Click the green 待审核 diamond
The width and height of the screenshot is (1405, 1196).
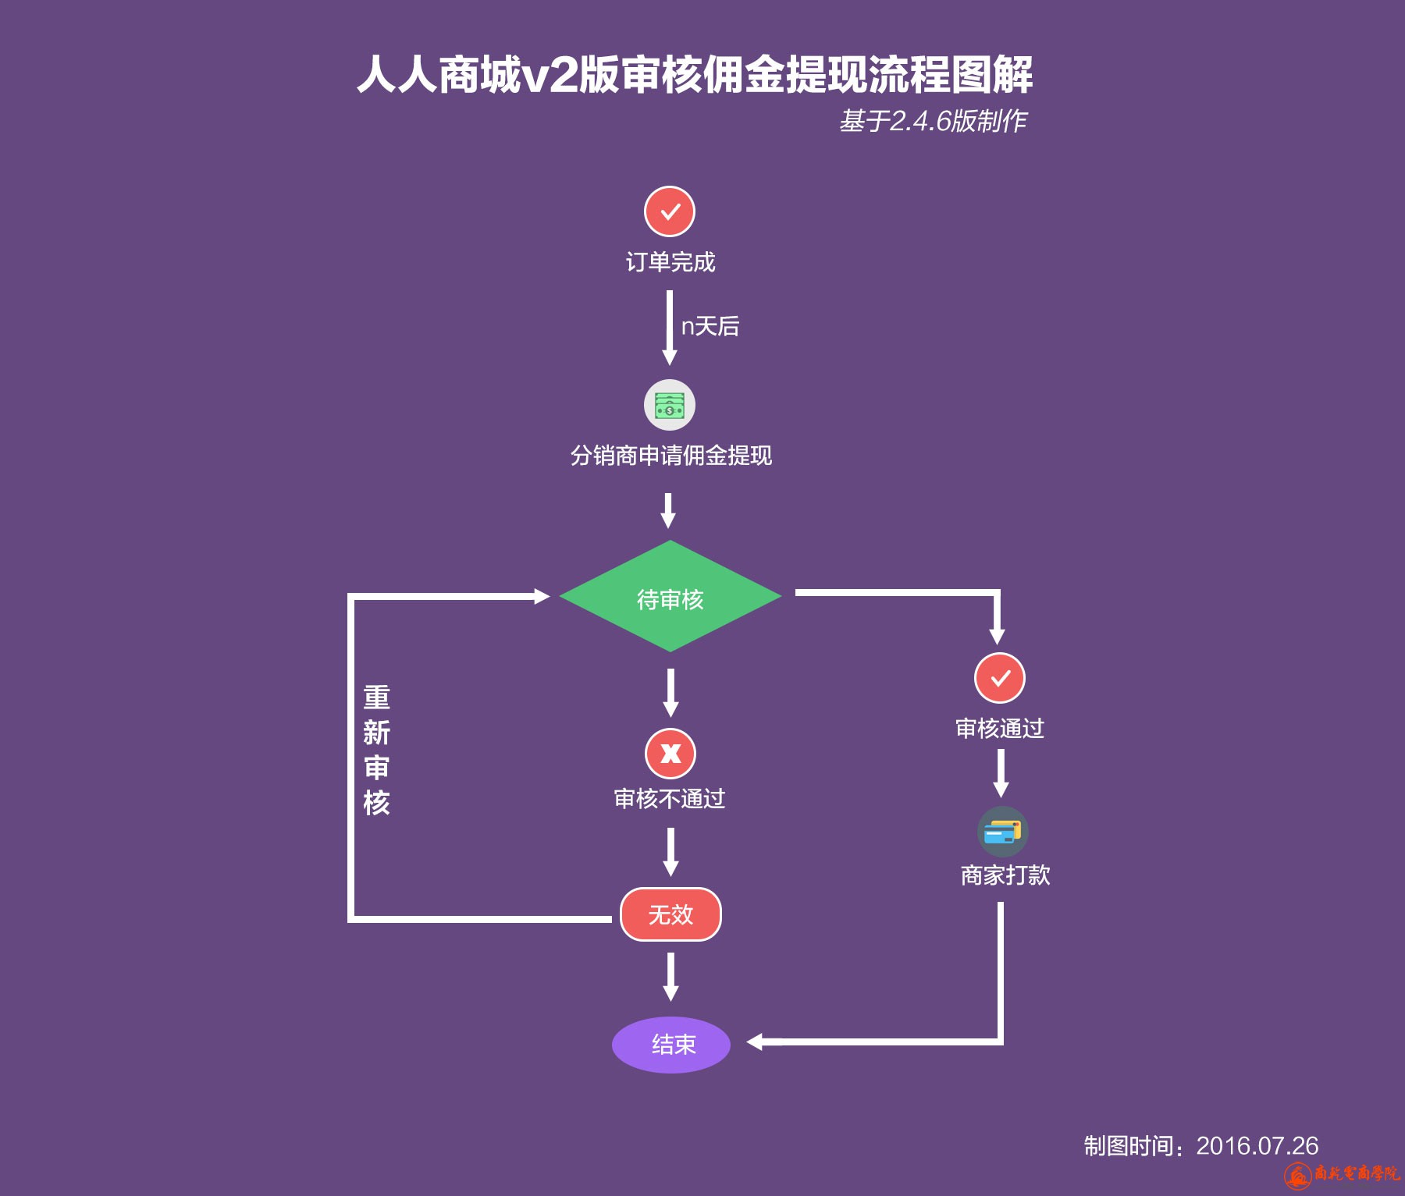click(x=670, y=597)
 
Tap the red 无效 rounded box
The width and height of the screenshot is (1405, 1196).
click(x=670, y=914)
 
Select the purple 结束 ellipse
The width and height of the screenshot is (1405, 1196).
click(x=671, y=1045)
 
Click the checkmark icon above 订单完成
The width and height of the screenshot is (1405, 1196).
click(x=670, y=211)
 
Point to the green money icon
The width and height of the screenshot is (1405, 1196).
click(x=670, y=405)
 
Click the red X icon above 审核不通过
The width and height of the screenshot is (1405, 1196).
click(x=670, y=754)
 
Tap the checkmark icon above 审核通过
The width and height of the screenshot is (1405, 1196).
click(x=1000, y=678)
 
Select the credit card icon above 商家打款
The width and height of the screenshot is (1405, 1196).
click(x=1003, y=832)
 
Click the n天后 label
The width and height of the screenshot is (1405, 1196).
click(x=710, y=326)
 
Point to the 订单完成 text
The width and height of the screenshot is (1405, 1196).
click(x=670, y=262)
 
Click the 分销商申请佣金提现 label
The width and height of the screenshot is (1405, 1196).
click(x=670, y=456)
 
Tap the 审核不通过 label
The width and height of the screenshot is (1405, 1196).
click(x=670, y=799)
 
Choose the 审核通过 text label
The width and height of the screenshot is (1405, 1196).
click(x=1000, y=729)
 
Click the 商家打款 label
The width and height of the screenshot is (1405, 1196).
click(x=1005, y=875)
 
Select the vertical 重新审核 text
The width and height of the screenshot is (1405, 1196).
click(x=376, y=750)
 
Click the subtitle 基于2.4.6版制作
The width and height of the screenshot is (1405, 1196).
click(x=933, y=121)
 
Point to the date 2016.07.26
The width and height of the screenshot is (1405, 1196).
click(x=1257, y=1145)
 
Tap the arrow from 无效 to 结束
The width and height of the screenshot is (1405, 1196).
click(x=670, y=976)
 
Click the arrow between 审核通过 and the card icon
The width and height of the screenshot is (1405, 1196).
click(x=1001, y=772)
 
